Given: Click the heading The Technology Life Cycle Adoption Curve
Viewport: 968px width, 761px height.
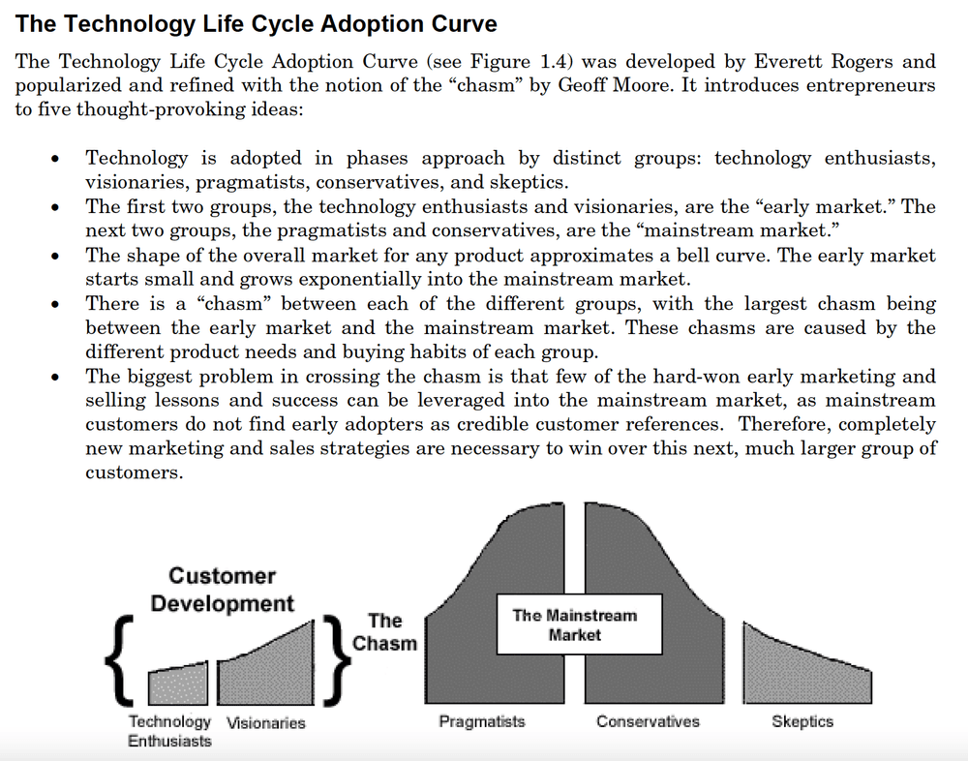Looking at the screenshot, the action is pos(257,23).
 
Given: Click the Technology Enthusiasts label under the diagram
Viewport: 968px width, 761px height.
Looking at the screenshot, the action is pos(169,731).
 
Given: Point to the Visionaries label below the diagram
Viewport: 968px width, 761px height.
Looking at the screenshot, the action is pos(265,722).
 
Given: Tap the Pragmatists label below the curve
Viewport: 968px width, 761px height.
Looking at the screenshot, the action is pos(481,721).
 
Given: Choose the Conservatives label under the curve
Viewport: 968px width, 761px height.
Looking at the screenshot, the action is pos(648,721).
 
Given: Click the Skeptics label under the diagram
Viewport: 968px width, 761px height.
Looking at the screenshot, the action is pos(802,721).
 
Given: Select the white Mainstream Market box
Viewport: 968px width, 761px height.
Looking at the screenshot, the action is pos(574,624).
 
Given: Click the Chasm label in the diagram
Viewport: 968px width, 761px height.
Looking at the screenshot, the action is pos(384,631).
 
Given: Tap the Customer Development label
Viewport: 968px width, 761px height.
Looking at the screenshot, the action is pos(222,589).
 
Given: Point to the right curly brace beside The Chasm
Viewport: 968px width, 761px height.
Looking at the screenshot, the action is pos(335,657).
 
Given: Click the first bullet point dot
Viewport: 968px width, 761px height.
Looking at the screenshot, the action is pos(61,159).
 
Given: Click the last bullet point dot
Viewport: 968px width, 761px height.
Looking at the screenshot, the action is pos(61,377).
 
